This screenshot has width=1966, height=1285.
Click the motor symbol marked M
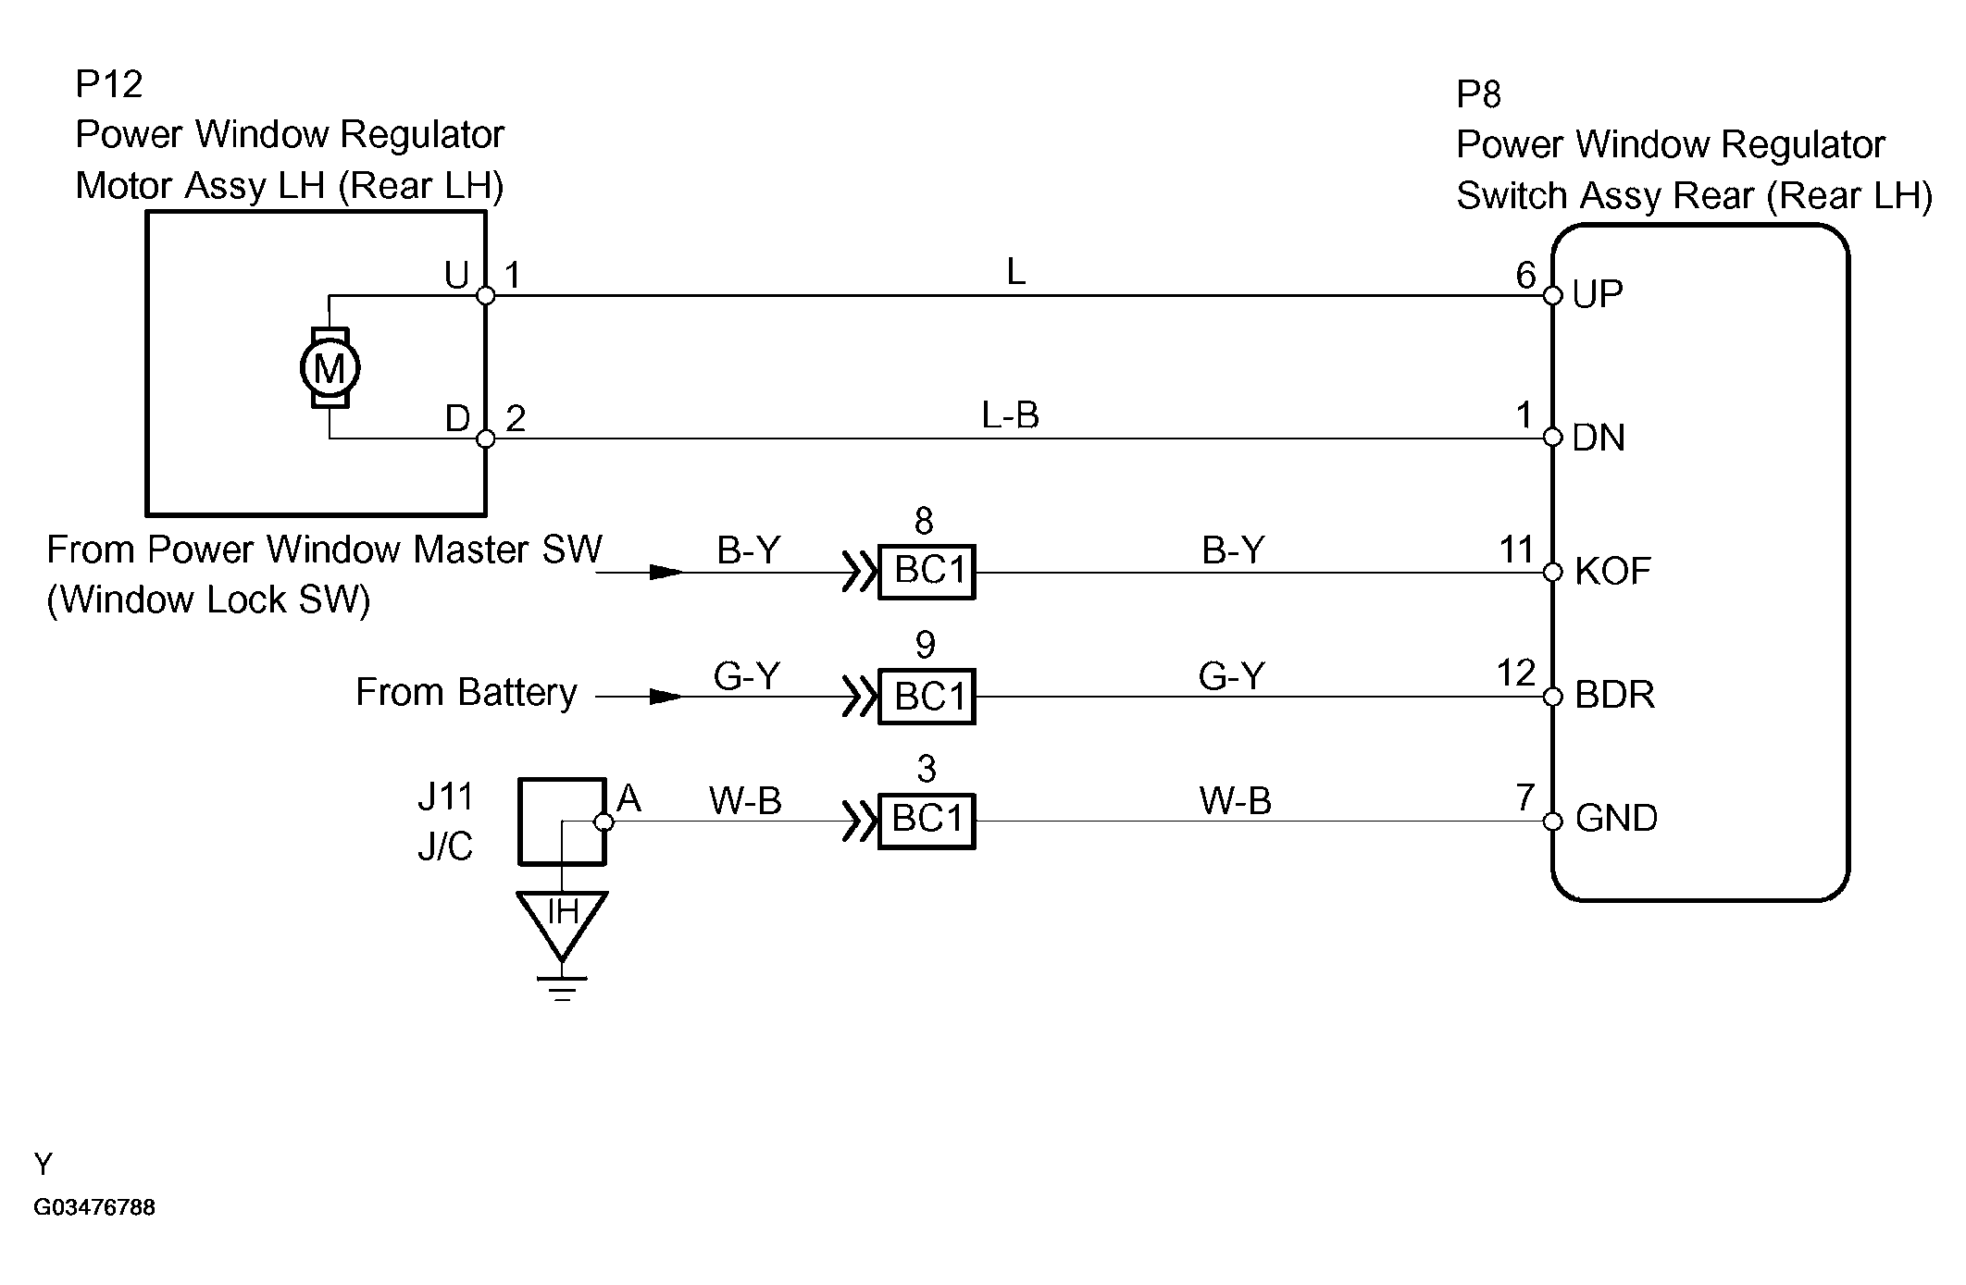pyautogui.click(x=330, y=367)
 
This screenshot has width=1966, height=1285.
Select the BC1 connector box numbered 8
pyautogui.click(x=927, y=572)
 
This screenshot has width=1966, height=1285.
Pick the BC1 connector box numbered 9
pyautogui.click(x=927, y=696)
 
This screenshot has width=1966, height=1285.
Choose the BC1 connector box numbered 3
pyautogui.click(x=927, y=820)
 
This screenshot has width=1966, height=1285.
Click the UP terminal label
pyautogui.click(x=1598, y=294)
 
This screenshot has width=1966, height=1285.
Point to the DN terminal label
pyautogui.click(x=1599, y=438)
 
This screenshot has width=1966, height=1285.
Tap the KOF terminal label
pyautogui.click(x=1612, y=571)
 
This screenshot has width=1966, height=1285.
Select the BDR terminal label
pyautogui.click(x=1614, y=695)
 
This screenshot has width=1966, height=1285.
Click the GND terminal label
pyautogui.click(x=1616, y=819)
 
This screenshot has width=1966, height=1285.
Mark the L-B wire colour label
pyautogui.click(x=1011, y=415)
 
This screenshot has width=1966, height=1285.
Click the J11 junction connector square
pyautogui.click(x=562, y=822)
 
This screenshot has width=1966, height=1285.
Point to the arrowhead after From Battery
pyautogui.click(x=666, y=697)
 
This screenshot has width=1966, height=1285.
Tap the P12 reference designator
pyautogui.click(x=109, y=84)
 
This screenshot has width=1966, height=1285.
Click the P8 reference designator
pyautogui.click(x=1478, y=94)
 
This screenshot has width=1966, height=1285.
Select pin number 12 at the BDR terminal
pyautogui.click(x=1516, y=673)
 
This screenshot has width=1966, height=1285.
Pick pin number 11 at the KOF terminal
pyautogui.click(x=1517, y=550)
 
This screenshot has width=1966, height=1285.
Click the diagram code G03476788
pyautogui.click(x=94, y=1208)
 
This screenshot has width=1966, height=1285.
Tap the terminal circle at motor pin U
pyautogui.click(x=485, y=296)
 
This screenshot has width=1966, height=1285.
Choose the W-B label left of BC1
pyautogui.click(x=745, y=800)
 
